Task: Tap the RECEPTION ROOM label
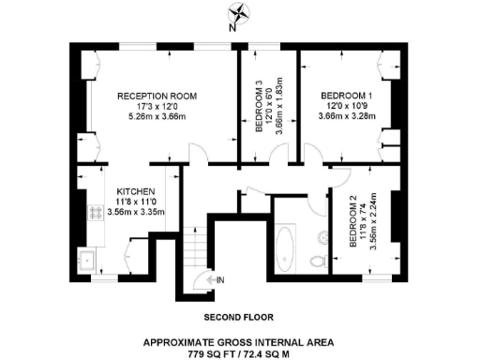[156, 96]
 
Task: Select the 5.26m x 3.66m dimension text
[156, 118]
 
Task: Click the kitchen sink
[87, 260]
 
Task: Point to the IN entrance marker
[219, 279]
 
